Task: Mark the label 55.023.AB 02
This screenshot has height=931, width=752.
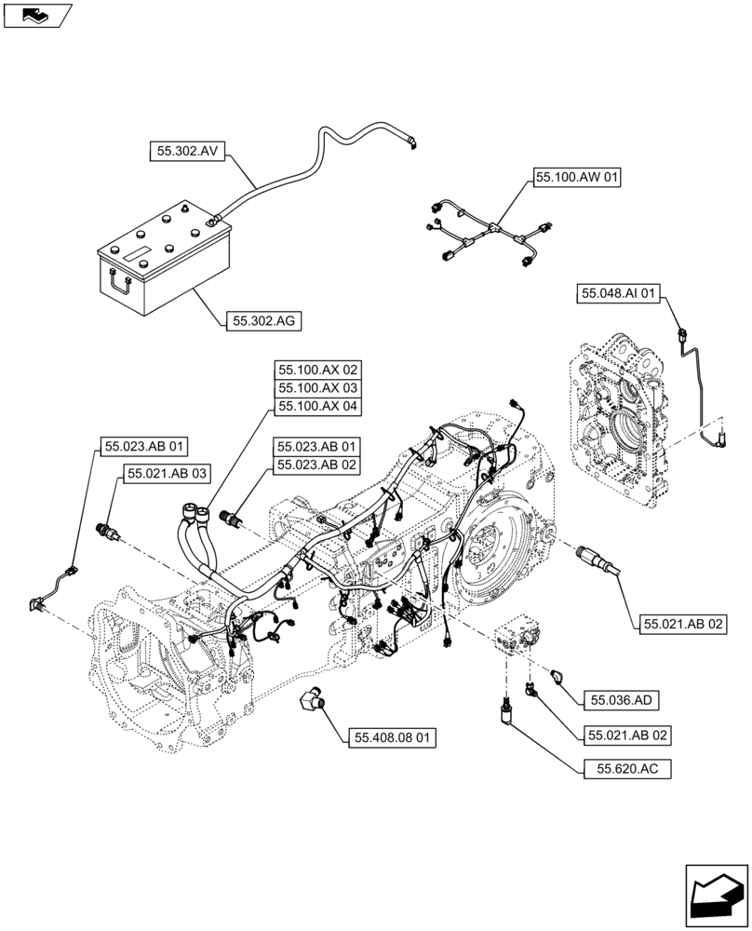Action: [316, 465]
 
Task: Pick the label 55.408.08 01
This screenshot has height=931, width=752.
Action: [393, 738]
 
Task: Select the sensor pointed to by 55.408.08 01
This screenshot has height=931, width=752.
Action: [315, 702]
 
